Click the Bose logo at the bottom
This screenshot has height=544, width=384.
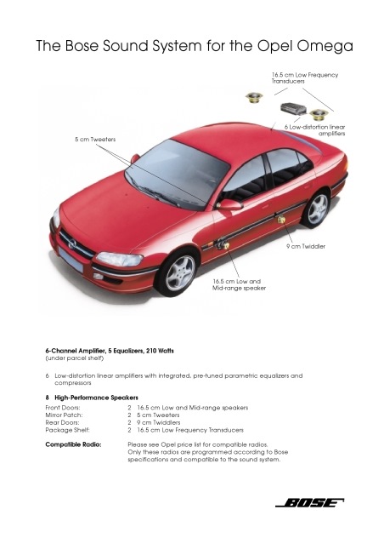[309, 503]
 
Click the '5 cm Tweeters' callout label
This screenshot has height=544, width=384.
[95, 140]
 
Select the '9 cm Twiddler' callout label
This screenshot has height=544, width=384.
[306, 246]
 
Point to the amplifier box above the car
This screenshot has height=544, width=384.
[294, 108]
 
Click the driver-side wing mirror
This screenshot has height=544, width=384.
[229, 204]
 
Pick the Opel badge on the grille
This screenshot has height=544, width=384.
[71, 243]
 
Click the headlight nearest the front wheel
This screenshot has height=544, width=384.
[120, 259]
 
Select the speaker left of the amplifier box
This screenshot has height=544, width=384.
[254, 98]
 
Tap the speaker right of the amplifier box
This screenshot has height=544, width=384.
[319, 114]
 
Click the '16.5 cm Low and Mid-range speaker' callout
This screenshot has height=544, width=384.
[239, 285]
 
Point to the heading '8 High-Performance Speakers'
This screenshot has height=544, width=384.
[92, 398]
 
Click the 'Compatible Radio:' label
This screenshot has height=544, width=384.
[73, 444]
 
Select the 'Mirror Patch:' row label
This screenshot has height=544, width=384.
[64, 415]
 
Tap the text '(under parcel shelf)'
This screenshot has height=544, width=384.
[75, 358]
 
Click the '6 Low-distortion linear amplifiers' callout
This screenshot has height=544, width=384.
[314, 130]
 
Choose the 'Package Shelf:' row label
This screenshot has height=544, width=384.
[67, 430]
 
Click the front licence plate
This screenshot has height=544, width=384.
[71, 260]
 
